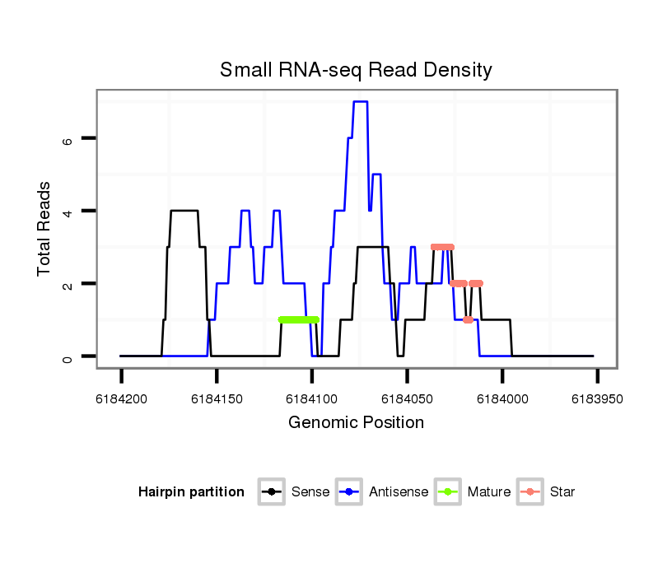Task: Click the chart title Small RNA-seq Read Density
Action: tap(356, 70)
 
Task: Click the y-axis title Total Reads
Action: tap(45, 228)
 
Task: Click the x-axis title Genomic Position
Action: tap(356, 423)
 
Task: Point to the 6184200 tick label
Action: tap(122, 398)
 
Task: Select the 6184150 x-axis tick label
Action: tap(217, 398)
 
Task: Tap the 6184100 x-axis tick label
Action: tap(312, 398)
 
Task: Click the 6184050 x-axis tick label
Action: tap(407, 398)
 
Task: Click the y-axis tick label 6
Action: tap(68, 139)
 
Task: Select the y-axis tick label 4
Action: tap(68, 212)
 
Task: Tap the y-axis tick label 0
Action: tap(68, 356)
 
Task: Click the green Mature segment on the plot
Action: tap(298, 319)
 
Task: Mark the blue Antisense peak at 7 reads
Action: tap(360, 102)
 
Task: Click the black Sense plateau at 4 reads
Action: tap(184, 211)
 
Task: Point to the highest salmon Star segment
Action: tap(442, 247)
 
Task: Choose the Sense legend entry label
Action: tap(310, 492)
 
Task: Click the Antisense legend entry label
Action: tap(399, 492)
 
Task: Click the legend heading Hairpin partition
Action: tap(191, 492)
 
